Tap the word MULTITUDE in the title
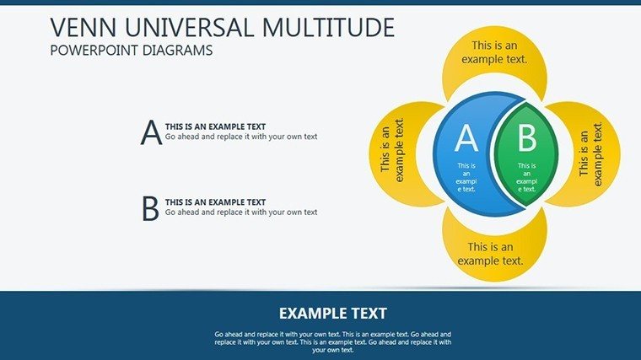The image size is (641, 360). (x=329, y=27)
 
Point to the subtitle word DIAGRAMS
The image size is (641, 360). (x=178, y=51)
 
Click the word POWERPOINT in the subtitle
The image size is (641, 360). (x=94, y=51)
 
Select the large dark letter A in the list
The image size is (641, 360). (x=151, y=132)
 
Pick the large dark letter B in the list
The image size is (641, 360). (x=150, y=208)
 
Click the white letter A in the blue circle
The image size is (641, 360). (x=466, y=138)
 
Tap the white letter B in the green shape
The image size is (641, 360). (x=527, y=138)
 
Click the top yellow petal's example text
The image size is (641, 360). (x=494, y=52)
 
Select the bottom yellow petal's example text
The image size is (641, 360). (x=491, y=254)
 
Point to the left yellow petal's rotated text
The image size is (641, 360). (x=392, y=150)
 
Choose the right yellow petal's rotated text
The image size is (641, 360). (x=591, y=154)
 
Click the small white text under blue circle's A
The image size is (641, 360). (x=466, y=177)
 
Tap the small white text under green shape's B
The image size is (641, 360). (x=526, y=177)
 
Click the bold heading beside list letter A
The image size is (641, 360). (x=215, y=126)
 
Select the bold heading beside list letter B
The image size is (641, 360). (x=215, y=202)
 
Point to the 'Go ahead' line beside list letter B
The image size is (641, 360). (x=241, y=212)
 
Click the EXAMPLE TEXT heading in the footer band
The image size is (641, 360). (x=333, y=314)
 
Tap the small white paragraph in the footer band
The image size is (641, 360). (x=333, y=342)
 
